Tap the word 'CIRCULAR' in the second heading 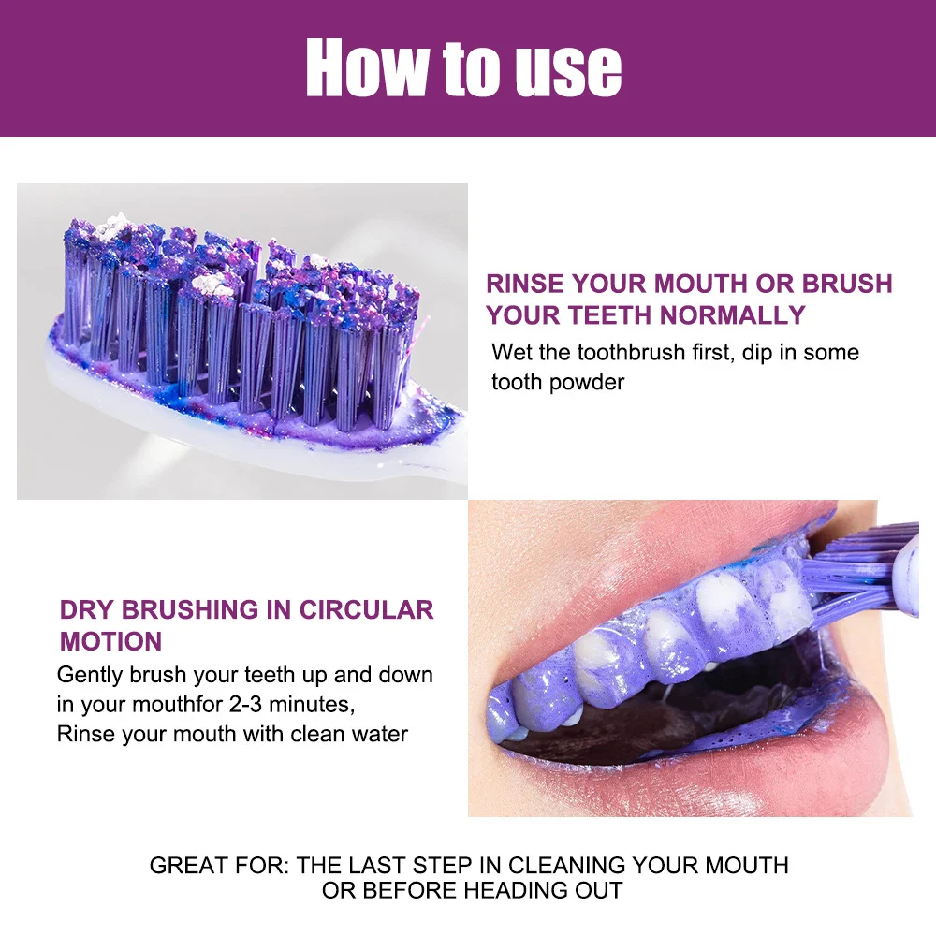(x=366, y=609)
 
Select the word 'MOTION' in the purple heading (x=111, y=641)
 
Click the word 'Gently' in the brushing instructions (x=90, y=675)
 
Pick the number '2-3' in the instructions (x=246, y=705)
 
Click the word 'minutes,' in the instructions (x=313, y=705)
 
